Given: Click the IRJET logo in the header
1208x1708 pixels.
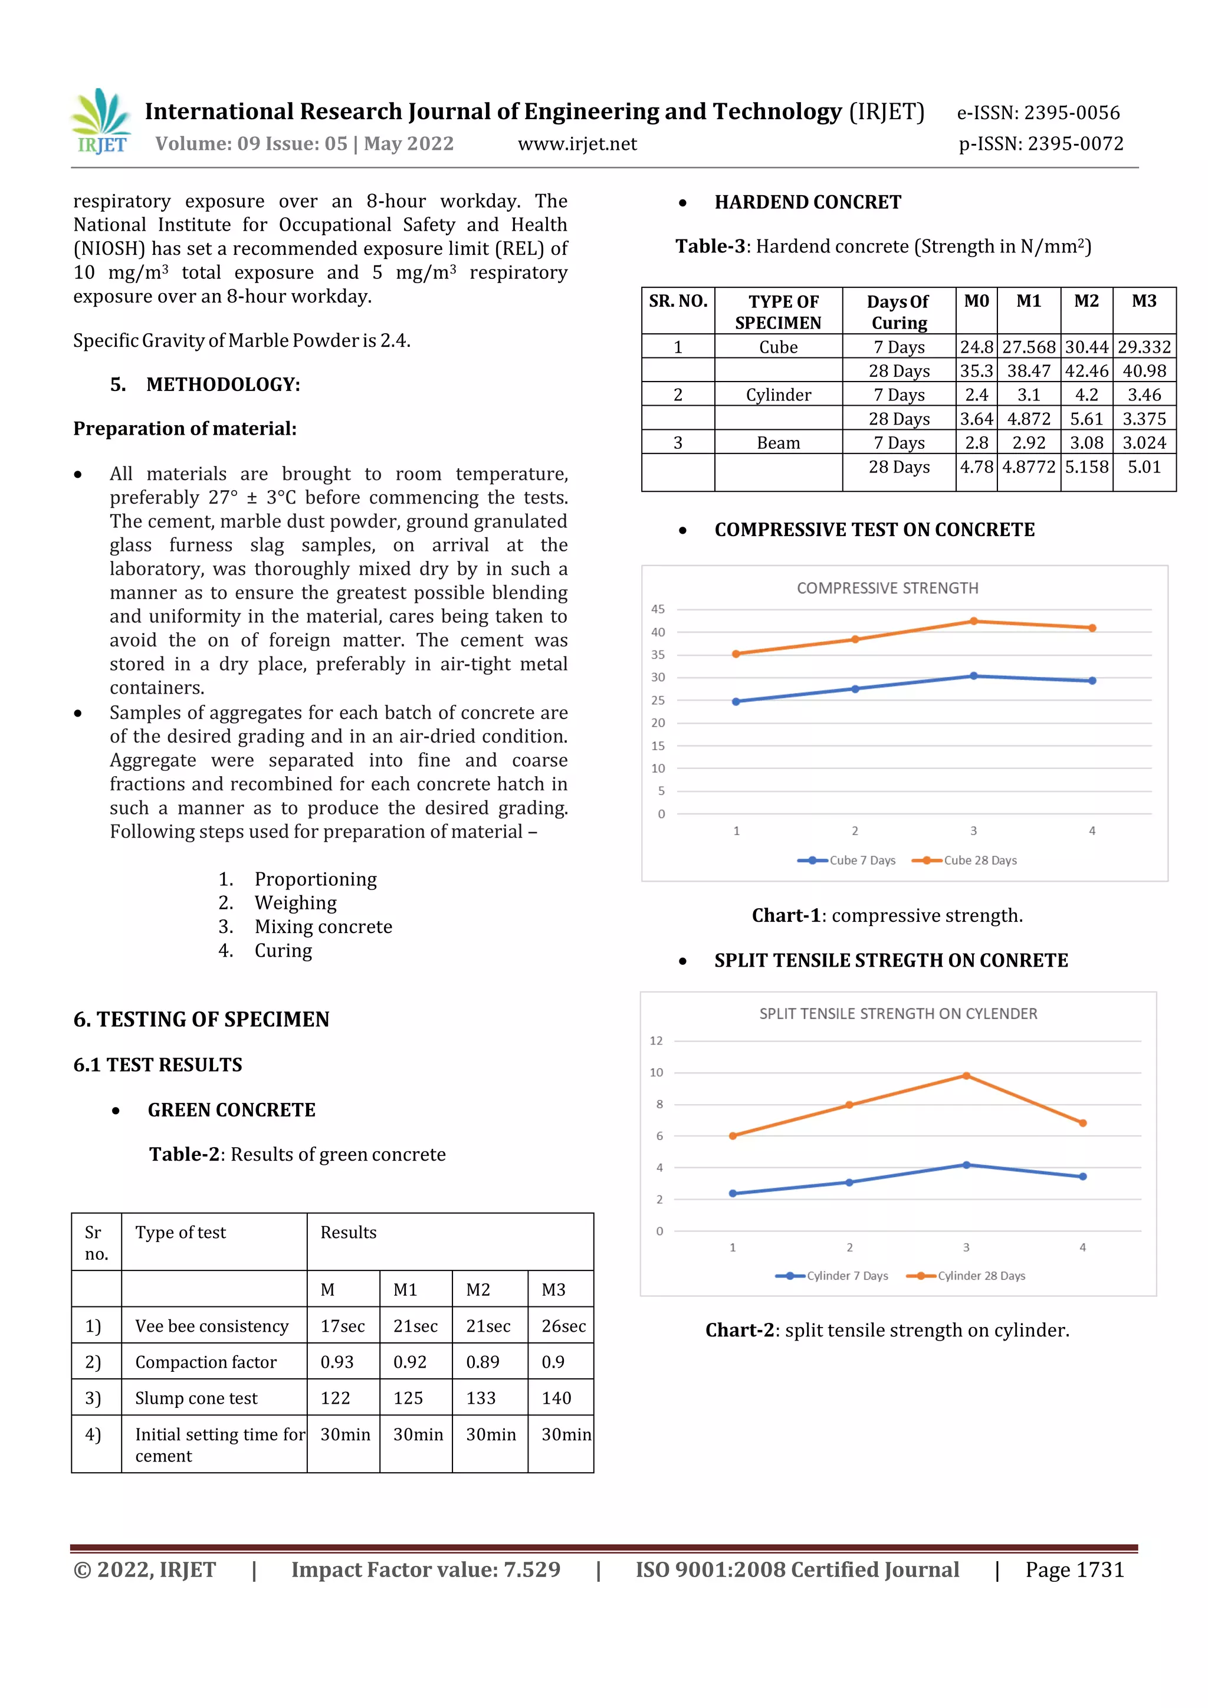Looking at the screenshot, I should click(101, 122).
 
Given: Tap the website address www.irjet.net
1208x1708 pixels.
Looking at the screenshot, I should click(577, 144).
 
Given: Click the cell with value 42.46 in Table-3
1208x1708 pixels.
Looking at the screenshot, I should click(1086, 371).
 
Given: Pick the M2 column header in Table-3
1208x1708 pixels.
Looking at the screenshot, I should click(1086, 301).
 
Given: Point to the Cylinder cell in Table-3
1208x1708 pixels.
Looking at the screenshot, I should click(778, 395).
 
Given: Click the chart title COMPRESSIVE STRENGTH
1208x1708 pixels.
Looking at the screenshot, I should click(887, 589).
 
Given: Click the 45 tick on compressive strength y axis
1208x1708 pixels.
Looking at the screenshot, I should click(658, 609).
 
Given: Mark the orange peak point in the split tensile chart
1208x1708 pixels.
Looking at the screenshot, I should click(966, 1076).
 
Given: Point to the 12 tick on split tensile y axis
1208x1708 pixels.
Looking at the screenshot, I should click(656, 1041).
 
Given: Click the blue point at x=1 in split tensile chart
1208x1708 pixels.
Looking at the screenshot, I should click(733, 1193).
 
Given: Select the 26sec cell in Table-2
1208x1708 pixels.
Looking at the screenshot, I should click(563, 1326).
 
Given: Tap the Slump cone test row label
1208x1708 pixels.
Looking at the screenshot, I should click(196, 1398).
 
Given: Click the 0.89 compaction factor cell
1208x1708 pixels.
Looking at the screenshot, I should click(482, 1362).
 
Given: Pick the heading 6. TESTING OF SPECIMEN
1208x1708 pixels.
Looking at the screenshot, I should click(201, 1019).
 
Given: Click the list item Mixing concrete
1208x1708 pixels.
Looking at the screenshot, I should click(323, 927).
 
